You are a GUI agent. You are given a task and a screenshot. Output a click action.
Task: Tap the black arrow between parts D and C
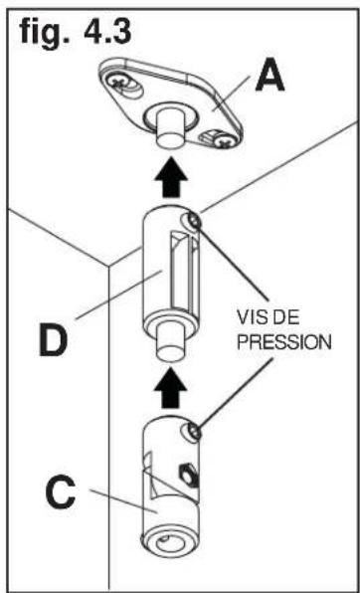[x=170, y=386]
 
